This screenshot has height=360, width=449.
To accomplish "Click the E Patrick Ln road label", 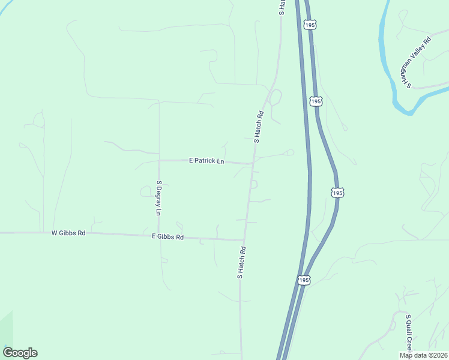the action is click(206, 161).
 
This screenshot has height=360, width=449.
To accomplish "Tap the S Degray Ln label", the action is click(159, 197).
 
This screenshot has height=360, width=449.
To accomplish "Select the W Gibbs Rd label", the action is click(68, 232).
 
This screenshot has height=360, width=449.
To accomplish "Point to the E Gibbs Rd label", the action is click(167, 237).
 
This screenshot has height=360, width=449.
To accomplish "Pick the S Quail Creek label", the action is click(409, 332).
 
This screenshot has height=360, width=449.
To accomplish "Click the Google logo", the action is click(20, 353).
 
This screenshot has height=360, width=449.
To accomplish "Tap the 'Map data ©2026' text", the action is click(423, 355).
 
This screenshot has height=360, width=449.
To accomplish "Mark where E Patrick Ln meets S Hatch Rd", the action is click(253, 163).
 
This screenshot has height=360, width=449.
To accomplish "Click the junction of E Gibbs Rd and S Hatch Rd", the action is click(244, 240).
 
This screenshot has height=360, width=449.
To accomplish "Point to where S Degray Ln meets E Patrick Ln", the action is click(159, 161).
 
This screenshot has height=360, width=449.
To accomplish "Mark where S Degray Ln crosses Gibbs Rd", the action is click(159, 235).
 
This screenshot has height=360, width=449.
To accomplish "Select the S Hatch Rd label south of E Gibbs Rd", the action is click(241, 262).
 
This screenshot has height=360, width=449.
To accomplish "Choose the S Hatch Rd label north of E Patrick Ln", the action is click(259, 126).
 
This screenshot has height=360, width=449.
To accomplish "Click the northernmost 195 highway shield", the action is click(309, 25).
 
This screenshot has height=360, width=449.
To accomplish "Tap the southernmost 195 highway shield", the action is click(304, 280).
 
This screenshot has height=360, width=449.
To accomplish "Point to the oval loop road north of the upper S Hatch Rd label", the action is click(276, 97).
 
